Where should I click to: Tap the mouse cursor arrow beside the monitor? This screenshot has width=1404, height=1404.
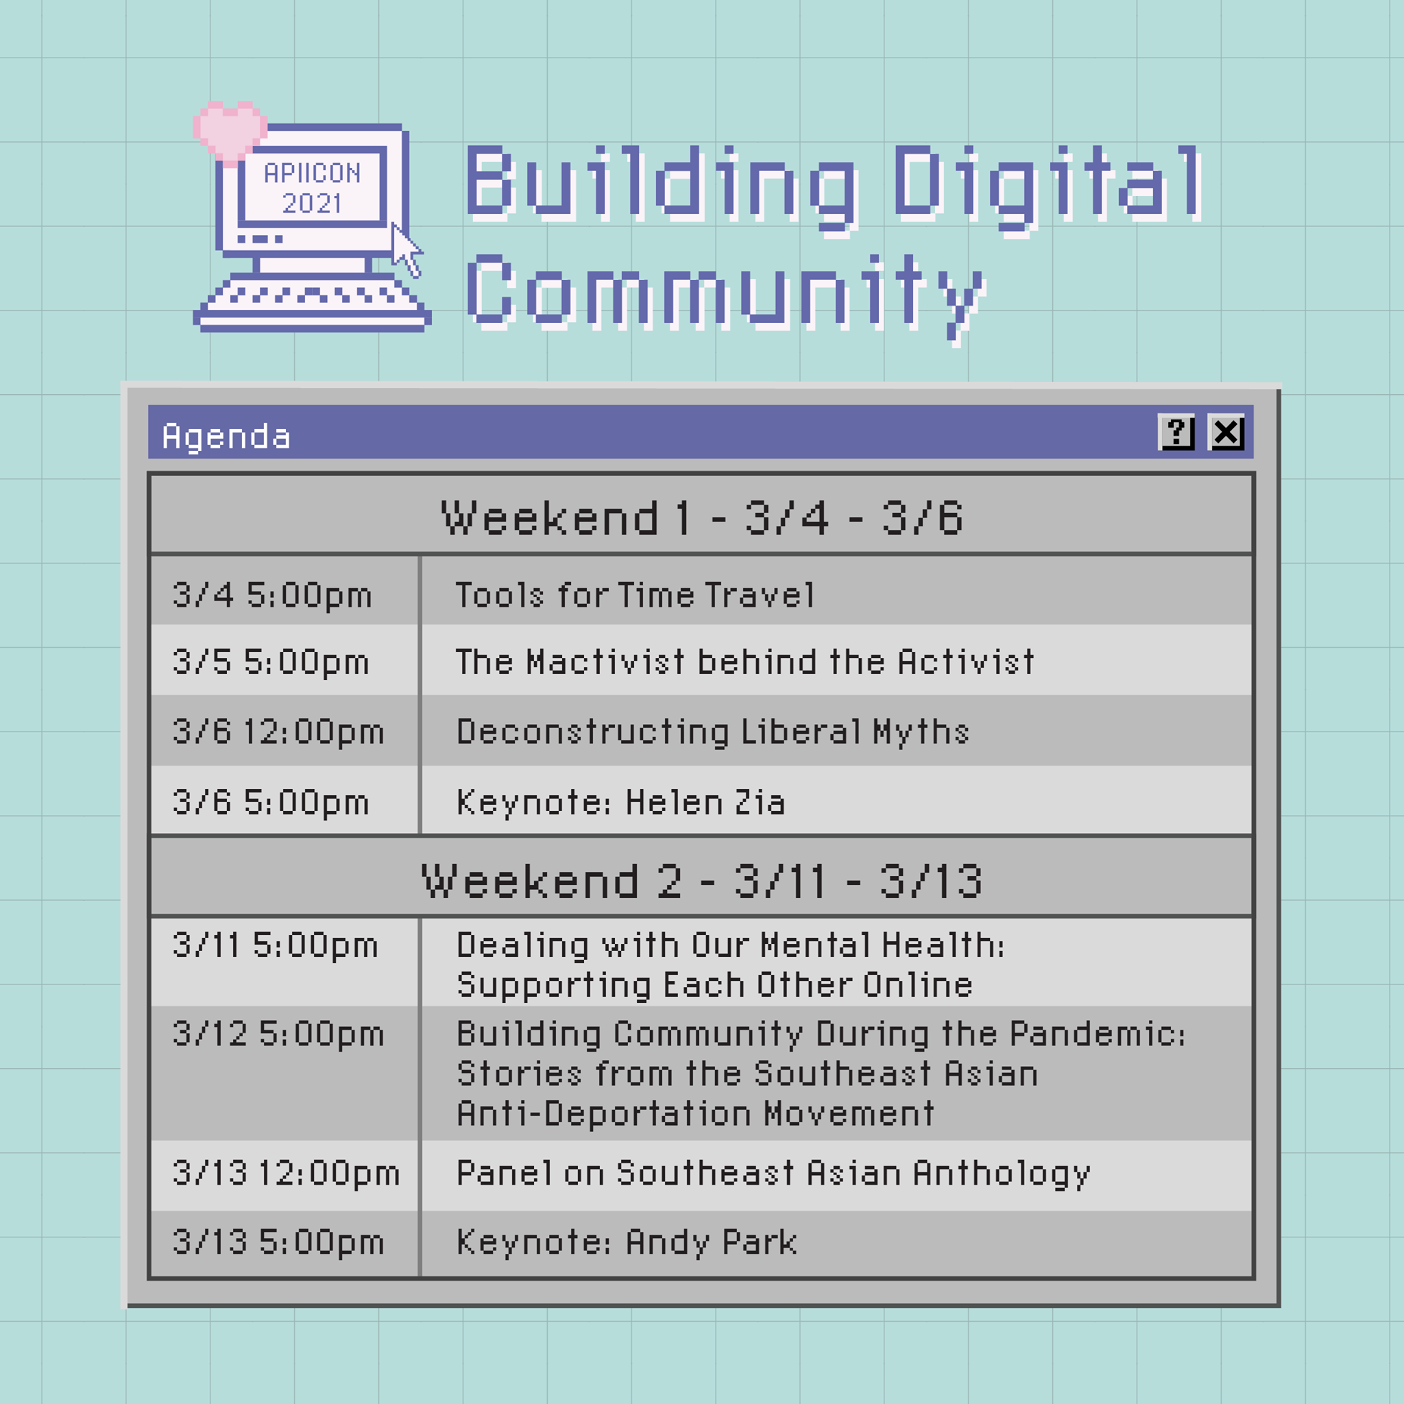407,250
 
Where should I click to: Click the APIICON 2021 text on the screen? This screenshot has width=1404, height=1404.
313,189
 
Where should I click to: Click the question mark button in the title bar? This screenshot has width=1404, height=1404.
1176,433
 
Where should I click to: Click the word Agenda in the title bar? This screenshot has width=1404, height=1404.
226,437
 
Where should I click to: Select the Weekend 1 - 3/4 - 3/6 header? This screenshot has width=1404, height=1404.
702,518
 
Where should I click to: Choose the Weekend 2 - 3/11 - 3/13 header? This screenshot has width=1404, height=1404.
702,881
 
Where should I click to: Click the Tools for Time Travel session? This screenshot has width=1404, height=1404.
635,595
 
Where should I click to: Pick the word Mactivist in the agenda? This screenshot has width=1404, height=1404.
606,662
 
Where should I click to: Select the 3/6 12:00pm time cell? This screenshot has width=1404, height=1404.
278,731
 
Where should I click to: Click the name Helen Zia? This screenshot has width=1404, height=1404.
705,802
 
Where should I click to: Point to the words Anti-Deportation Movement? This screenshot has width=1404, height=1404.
695,1113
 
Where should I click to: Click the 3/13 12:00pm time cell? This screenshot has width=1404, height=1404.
287,1173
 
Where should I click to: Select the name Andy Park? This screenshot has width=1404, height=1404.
712,1242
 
